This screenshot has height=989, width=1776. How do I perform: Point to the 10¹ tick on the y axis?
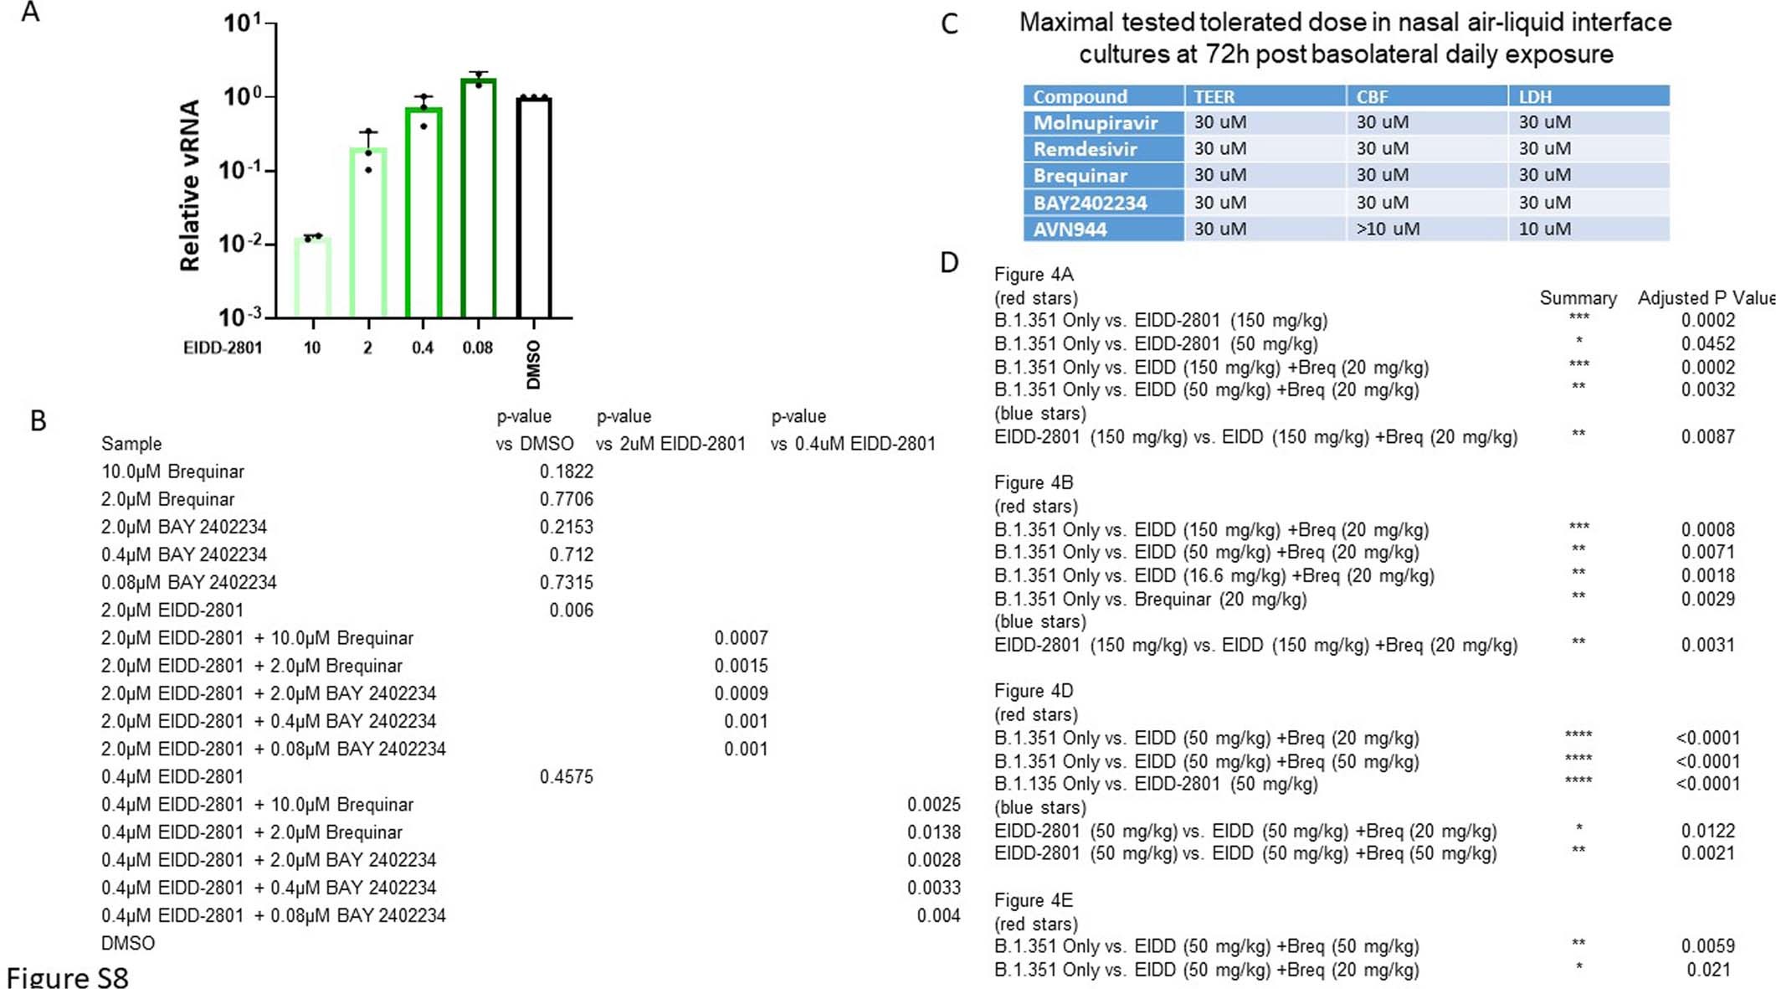click(243, 23)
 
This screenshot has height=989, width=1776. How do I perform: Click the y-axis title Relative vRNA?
click(191, 186)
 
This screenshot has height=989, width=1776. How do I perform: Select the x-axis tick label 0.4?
click(423, 348)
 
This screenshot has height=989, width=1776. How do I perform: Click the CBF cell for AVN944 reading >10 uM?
click(1388, 229)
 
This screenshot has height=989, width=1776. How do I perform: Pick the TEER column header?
click(1214, 96)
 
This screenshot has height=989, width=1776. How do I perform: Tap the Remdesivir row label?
click(1085, 149)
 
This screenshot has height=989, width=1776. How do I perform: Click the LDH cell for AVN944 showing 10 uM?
click(1544, 229)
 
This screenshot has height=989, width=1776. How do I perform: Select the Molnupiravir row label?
click(1095, 122)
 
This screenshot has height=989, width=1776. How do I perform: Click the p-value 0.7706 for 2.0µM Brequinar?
click(567, 499)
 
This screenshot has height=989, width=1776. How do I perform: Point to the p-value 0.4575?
click(567, 776)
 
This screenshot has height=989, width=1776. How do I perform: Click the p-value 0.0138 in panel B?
click(934, 832)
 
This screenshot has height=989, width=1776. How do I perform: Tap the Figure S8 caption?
click(68, 976)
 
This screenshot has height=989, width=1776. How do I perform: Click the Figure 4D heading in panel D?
click(1033, 691)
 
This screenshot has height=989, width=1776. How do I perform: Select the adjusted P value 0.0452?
click(1707, 343)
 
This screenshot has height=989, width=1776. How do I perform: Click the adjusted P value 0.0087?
click(1707, 436)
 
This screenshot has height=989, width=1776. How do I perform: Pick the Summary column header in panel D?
click(1578, 298)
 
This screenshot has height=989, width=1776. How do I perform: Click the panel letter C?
click(948, 23)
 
